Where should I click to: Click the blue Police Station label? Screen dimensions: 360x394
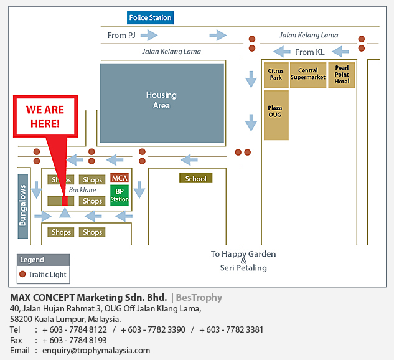[x=151, y=17]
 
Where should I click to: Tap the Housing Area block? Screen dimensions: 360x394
[x=161, y=102]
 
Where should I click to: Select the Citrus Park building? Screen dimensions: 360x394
[x=276, y=75]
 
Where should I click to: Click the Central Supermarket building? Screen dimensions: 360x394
[x=308, y=75]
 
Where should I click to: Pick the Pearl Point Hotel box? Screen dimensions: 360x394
[x=342, y=75]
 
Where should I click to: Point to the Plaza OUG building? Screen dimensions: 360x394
[x=276, y=115]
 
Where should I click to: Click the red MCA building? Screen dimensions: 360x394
[x=120, y=179]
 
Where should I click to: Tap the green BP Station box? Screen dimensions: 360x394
[x=120, y=196]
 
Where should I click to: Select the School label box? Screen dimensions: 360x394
[x=195, y=179]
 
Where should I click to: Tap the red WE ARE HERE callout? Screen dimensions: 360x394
[x=45, y=116]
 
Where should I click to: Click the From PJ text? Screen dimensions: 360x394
[x=121, y=36]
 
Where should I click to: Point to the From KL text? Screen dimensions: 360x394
[x=309, y=52]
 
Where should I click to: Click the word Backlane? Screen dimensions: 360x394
[x=82, y=189]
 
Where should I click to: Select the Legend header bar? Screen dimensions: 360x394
[x=43, y=260]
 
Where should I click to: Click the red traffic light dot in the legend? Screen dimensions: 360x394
[x=23, y=274]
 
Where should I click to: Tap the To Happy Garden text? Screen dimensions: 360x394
[x=243, y=254]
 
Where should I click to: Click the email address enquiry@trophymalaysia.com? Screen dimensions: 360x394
[x=96, y=351]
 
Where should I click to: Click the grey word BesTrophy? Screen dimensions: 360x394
[x=199, y=298]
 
